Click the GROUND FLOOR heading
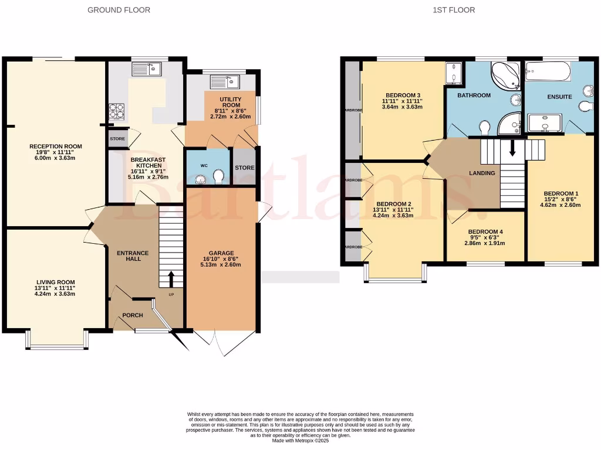pos(119,10)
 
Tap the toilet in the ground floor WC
pos(218,176)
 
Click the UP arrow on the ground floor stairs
pos(171,278)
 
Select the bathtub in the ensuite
pos(545,72)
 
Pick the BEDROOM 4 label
pos(485,231)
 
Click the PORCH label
pos(132,315)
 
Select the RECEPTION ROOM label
pos(56,146)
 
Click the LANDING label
pos(481,173)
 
